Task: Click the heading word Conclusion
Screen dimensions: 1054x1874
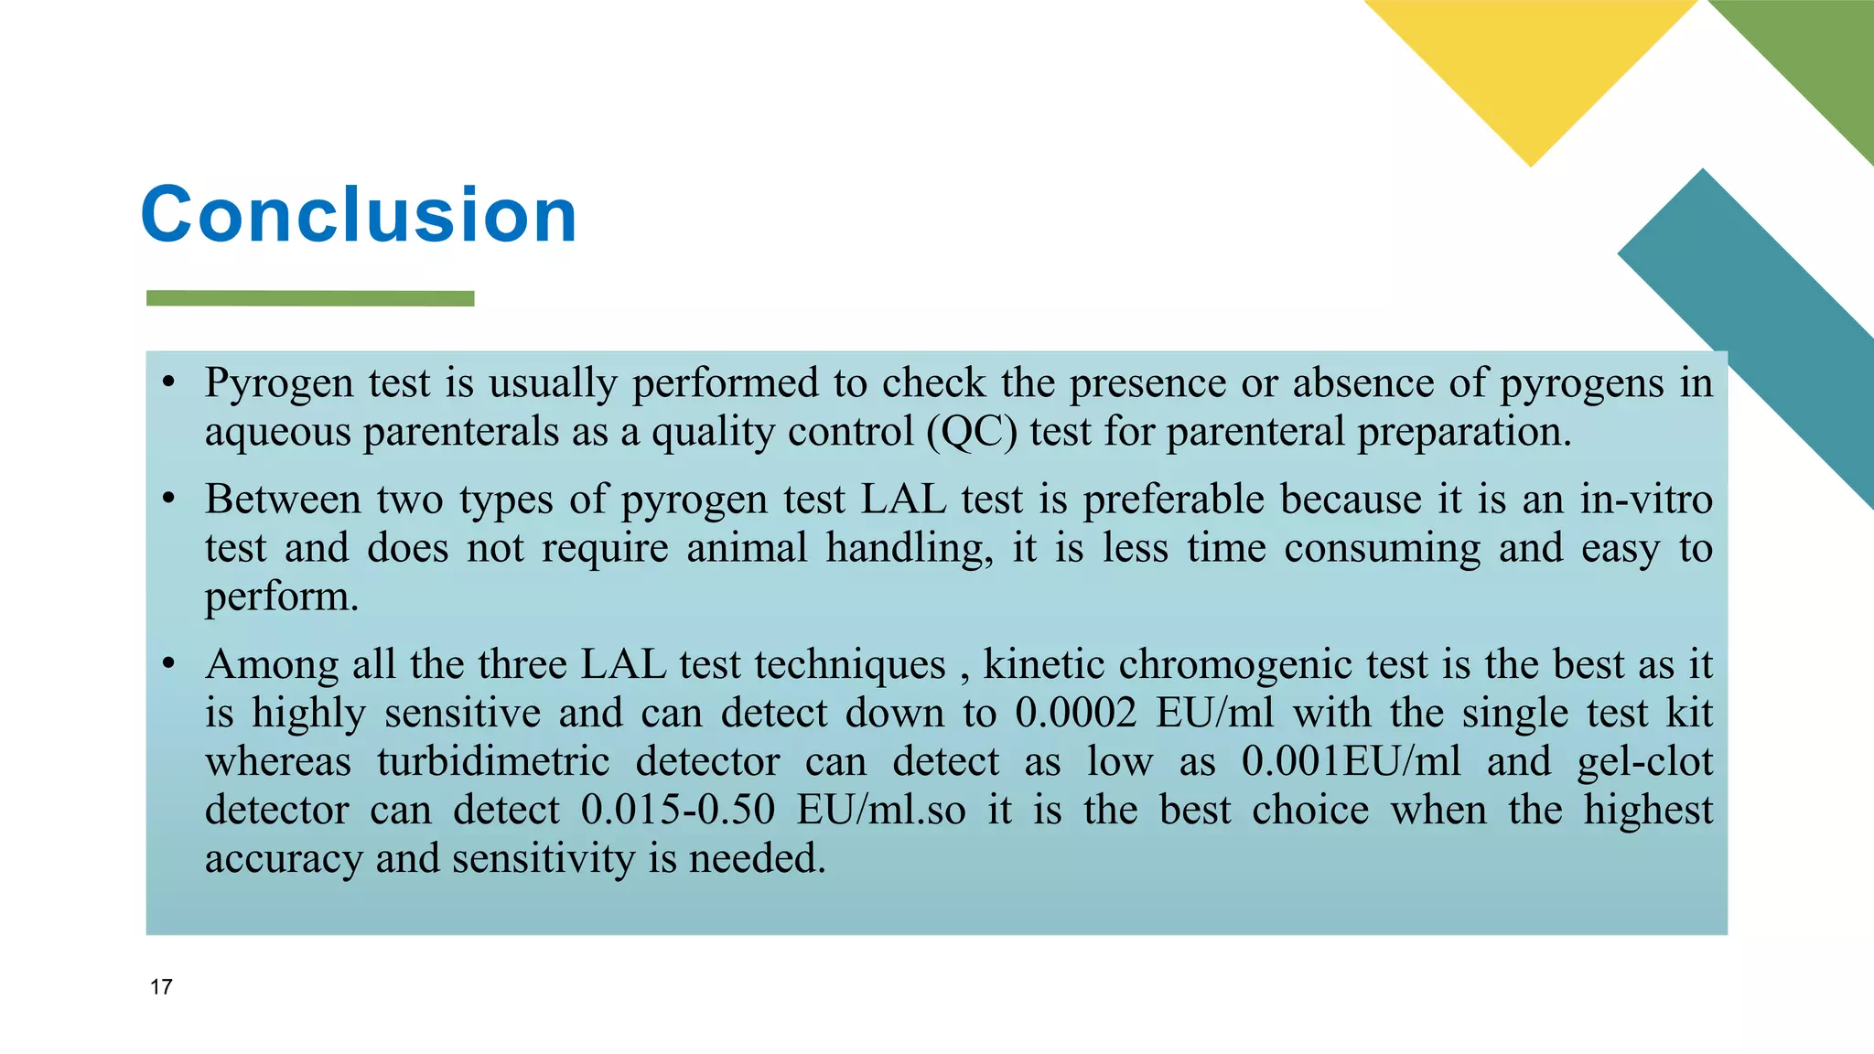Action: click(x=359, y=214)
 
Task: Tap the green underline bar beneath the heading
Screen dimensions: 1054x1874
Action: click(x=310, y=298)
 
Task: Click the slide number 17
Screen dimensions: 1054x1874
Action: click(x=161, y=987)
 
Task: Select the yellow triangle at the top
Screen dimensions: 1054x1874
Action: click(x=1531, y=64)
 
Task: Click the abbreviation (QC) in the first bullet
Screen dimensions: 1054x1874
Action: click(x=972, y=432)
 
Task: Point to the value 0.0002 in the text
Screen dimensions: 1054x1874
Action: click(x=1075, y=713)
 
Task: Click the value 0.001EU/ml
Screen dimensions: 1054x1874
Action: click(x=1351, y=761)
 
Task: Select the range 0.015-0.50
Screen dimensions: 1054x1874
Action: click(x=678, y=810)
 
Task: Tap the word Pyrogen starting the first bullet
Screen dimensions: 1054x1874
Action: click(x=279, y=383)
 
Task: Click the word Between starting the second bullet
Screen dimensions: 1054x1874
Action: click(x=283, y=500)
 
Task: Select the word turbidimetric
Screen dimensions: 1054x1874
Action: click(x=493, y=761)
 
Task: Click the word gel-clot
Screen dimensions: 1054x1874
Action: click(x=1644, y=761)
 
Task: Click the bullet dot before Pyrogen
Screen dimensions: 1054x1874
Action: click(x=168, y=382)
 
